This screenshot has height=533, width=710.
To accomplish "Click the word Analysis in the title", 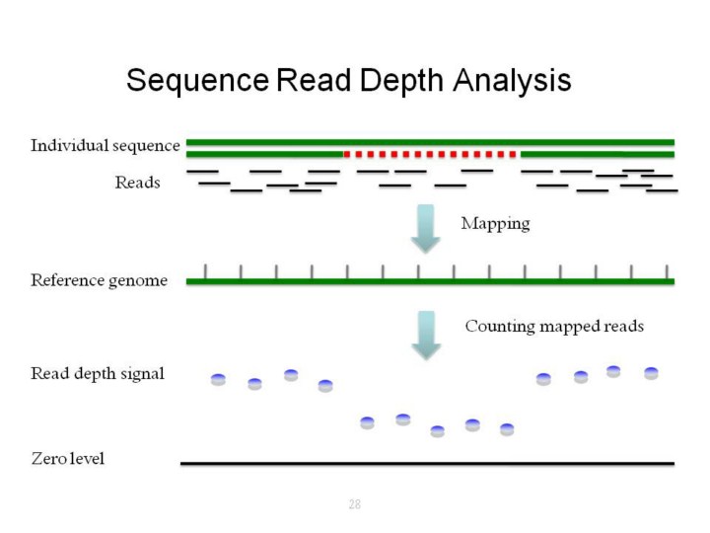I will pyautogui.click(x=512, y=80).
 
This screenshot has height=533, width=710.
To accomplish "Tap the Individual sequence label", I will pyautogui.click(x=106, y=146).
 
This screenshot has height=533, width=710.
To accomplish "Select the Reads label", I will pyautogui.click(x=137, y=183).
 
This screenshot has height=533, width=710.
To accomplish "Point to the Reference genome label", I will pyautogui.click(x=99, y=280).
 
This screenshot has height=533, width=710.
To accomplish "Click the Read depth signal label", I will pyautogui.click(x=98, y=373).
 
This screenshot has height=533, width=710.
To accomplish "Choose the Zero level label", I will pyautogui.click(x=67, y=458).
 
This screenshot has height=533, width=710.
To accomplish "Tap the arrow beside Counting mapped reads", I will pyautogui.click(x=425, y=335).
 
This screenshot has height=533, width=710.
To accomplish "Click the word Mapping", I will pyautogui.click(x=495, y=223).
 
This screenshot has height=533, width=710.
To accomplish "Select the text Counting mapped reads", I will pyautogui.click(x=553, y=326).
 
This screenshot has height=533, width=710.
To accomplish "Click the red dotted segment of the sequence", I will pyautogui.click(x=430, y=154).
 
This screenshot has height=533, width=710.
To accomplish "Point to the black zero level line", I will pyautogui.click(x=427, y=463).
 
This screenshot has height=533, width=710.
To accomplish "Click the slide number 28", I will pyautogui.click(x=354, y=504).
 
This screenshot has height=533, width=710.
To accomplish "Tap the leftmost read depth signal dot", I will pyautogui.click(x=219, y=379).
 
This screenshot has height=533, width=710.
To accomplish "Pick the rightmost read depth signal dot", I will pyautogui.click(x=651, y=373).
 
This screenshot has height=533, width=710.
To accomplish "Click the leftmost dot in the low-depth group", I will pyautogui.click(x=367, y=422).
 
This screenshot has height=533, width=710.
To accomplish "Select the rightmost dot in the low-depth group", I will pyautogui.click(x=507, y=429).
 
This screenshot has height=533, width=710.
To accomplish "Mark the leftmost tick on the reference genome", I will pyautogui.click(x=205, y=271).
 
